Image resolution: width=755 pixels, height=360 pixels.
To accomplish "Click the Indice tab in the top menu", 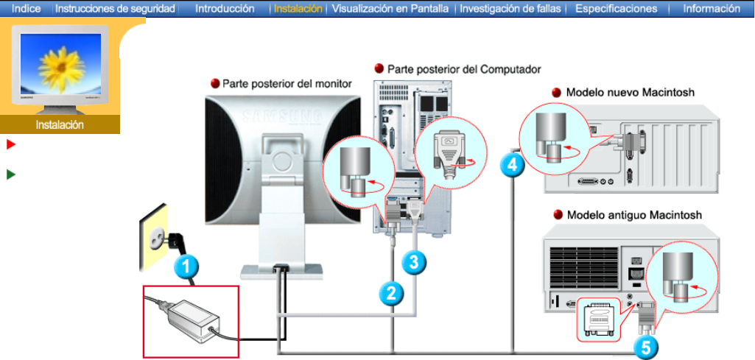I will click(27, 9).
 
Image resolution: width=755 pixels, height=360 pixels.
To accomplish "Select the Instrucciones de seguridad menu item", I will click(115, 9).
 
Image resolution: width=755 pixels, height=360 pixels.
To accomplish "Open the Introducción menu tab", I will click(225, 9).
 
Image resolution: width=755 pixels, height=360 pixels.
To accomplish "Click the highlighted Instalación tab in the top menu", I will click(298, 9).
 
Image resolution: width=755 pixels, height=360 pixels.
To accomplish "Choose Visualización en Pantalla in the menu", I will click(390, 9).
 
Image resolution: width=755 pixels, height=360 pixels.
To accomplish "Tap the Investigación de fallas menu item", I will click(510, 9).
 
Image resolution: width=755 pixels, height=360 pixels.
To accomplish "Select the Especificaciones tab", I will click(616, 9).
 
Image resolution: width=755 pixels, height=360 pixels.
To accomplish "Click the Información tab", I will click(711, 9).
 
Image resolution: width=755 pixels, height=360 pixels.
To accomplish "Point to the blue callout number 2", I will click(391, 293).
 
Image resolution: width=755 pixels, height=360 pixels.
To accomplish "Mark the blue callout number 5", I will click(646, 346).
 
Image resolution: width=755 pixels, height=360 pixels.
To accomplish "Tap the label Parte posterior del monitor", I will click(287, 84).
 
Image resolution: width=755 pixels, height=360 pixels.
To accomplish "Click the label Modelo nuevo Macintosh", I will click(630, 93).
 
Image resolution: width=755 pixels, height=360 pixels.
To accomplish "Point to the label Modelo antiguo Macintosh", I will click(633, 216).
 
